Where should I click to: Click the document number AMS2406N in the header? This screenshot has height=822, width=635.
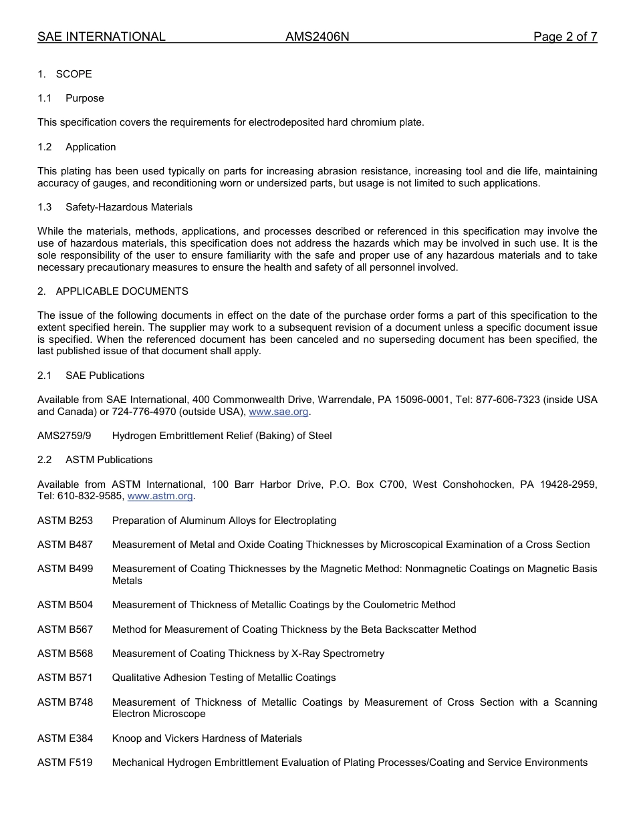[317, 37]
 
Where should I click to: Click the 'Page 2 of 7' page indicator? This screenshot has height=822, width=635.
[565, 37]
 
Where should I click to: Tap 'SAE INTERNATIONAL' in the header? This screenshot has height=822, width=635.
[102, 37]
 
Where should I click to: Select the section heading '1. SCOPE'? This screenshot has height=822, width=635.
[65, 74]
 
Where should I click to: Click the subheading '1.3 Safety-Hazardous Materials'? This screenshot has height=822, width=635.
[115, 207]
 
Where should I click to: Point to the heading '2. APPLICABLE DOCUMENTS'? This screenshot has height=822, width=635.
[113, 291]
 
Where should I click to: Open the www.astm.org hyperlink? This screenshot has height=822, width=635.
[160, 496]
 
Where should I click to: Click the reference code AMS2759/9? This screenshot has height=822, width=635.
[64, 436]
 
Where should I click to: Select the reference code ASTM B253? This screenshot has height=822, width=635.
[65, 521]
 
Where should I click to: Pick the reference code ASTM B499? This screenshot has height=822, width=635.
[65, 569]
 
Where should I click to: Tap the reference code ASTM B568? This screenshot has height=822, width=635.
[65, 654]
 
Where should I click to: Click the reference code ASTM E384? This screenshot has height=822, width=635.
[65, 738]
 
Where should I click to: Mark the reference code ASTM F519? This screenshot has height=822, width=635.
[65, 763]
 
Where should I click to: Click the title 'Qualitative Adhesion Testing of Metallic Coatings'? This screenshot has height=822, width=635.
[224, 678]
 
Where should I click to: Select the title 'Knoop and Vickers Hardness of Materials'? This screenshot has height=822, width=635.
[207, 738]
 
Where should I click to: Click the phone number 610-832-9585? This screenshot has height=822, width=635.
[89, 496]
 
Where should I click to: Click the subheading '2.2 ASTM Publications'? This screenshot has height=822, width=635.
[96, 460]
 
